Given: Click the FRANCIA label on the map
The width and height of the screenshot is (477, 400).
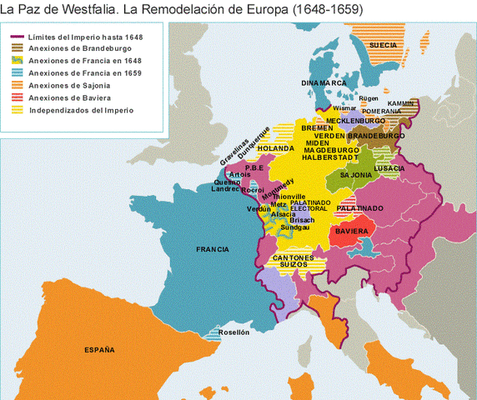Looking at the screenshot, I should click(212, 249).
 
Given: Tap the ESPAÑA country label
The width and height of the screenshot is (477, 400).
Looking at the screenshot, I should click(100, 349).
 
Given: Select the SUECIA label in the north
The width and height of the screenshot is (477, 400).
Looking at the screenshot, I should click(382, 44).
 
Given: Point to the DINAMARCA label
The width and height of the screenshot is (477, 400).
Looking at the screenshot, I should click(325, 83).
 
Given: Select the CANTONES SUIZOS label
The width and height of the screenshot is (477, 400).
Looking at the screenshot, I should click(294, 262).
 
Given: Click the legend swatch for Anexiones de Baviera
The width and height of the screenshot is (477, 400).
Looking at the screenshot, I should click(17, 97).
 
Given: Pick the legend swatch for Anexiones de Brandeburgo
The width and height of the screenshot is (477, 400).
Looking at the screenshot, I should click(17, 48).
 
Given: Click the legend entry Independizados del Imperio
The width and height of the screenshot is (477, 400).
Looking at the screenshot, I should click(80, 109).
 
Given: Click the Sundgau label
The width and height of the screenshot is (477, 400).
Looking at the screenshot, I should click(295, 226).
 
